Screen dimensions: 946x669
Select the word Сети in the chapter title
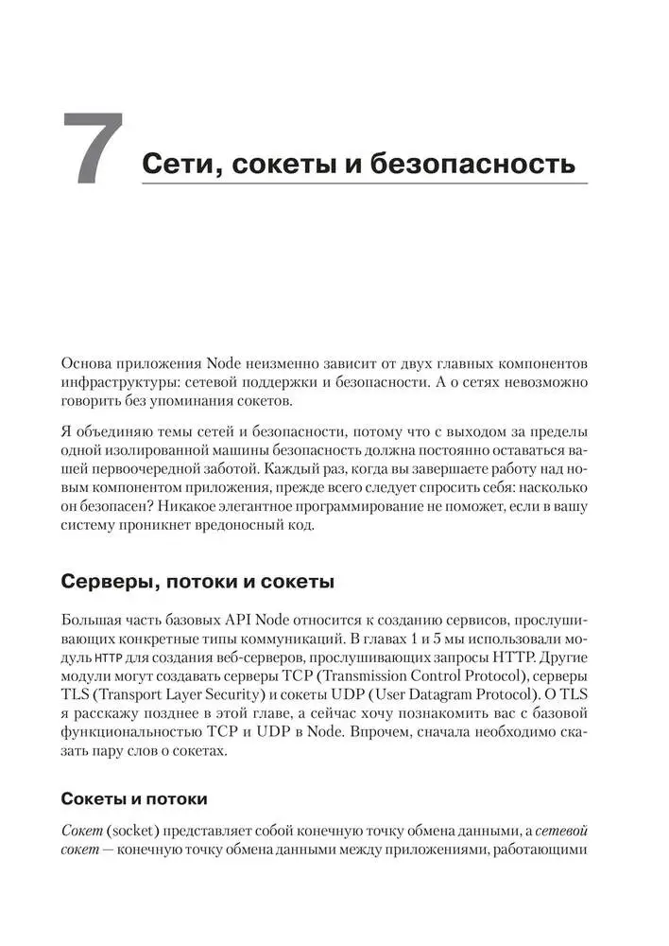[x=180, y=163]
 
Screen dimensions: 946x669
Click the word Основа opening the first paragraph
[x=87, y=364]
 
